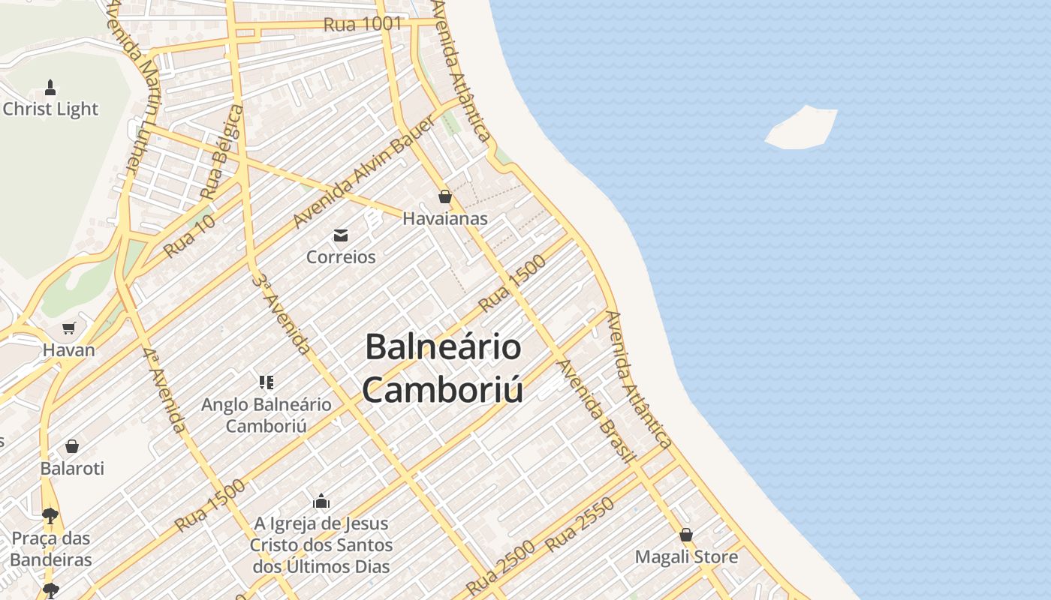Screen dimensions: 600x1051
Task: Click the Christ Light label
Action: [x=50, y=109]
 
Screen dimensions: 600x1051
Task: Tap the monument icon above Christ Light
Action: [x=50, y=87]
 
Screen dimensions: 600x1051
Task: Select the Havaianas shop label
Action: [x=445, y=219]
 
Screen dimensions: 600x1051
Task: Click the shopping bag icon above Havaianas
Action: [x=445, y=197]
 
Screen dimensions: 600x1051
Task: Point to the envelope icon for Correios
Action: [x=341, y=235]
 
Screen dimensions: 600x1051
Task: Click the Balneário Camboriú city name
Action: [x=443, y=368]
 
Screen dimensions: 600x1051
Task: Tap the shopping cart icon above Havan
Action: [x=69, y=328]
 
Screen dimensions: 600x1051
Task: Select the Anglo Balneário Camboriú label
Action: [x=266, y=415]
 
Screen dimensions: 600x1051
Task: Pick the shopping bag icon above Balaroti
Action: [x=72, y=446]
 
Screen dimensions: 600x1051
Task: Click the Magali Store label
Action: [x=686, y=557]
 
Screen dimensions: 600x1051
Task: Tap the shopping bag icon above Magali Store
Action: [x=686, y=535]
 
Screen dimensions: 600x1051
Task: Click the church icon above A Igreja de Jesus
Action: [x=321, y=501]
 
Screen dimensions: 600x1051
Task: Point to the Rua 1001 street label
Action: [x=363, y=24]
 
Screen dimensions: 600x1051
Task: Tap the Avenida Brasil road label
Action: [x=597, y=411]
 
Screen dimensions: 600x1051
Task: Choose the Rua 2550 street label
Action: [x=580, y=524]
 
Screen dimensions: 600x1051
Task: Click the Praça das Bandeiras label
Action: [x=51, y=549]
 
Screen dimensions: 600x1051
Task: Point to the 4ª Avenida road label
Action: [x=164, y=390]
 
